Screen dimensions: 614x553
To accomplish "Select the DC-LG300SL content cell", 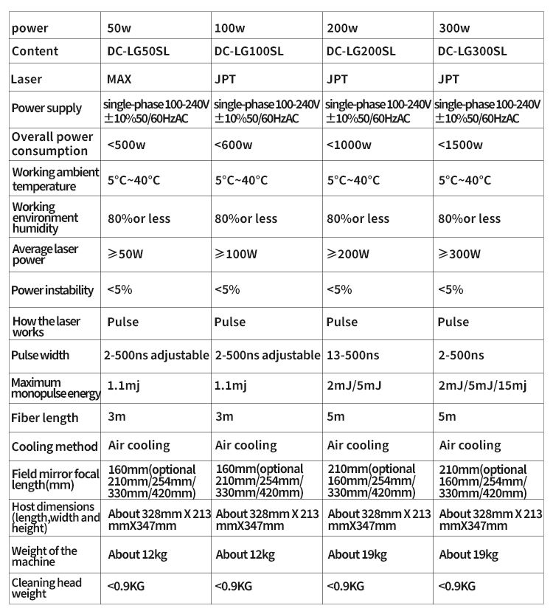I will click(472, 52).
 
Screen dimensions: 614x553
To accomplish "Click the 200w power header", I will click(341, 29).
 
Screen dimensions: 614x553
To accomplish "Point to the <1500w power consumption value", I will click(461, 145).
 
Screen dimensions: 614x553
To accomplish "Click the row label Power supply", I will click(46, 108).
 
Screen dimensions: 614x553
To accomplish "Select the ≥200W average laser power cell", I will click(347, 255).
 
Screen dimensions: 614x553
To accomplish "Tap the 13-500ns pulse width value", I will click(352, 355).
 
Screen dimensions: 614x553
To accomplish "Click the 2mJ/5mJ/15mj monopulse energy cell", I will click(482, 385).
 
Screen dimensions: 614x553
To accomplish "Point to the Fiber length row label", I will click(44, 418).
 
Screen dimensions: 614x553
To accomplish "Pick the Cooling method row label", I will click(54, 446).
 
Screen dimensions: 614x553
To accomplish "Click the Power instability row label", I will click(52, 290).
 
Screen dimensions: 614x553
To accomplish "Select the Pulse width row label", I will click(41, 355).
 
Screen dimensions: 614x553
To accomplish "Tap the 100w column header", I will click(229, 29).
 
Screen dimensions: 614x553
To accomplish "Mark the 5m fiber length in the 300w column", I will click(448, 416).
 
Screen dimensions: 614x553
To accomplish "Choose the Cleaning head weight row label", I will click(46, 588).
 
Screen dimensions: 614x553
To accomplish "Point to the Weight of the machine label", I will click(44, 556).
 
